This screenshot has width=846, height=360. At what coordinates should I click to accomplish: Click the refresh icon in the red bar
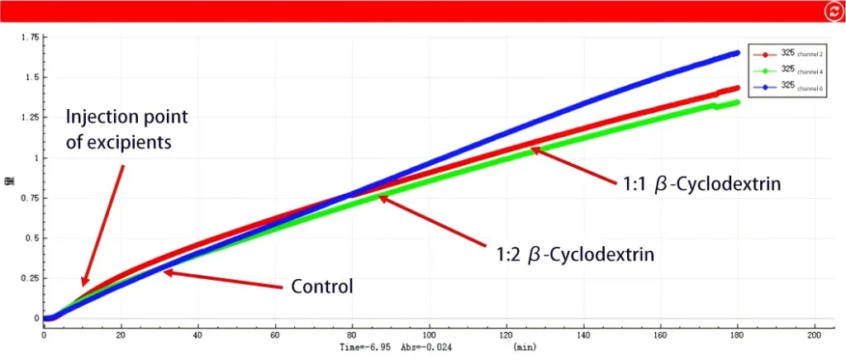click(832, 11)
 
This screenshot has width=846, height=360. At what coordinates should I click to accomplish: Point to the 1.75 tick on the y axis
click(30, 37)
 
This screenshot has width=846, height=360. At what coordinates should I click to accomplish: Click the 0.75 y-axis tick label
click(30, 197)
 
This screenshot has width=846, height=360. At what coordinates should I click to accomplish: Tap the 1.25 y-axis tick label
click(30, 117)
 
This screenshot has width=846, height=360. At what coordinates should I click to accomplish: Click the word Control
click(322, 287)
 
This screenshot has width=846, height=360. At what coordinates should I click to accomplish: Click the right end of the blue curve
click(737, 53)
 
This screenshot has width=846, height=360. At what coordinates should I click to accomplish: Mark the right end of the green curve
click(737, 102)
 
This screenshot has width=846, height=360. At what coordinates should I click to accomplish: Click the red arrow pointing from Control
click(223, 279)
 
